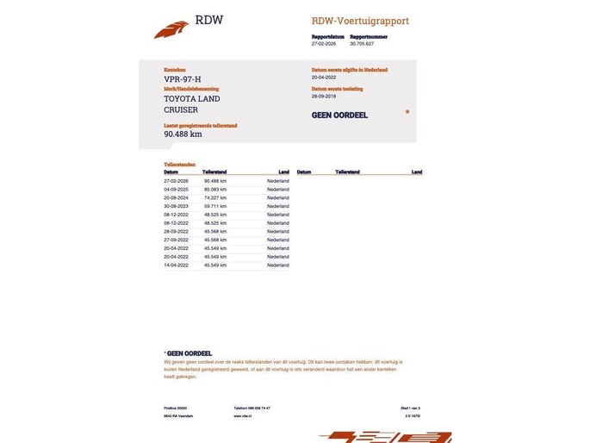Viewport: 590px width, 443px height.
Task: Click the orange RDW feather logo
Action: [171, 29]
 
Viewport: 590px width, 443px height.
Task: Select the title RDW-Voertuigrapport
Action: [360, 21]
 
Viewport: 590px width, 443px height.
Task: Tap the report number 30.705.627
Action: [362, 44]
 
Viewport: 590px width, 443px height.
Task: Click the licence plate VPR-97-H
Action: [183, 79]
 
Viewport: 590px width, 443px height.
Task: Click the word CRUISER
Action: [181, 109]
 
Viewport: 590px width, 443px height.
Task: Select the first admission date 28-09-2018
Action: [326, 96]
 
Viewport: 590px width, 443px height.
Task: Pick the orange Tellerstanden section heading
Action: [179, 164]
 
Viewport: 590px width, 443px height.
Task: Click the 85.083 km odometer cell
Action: [215, 189]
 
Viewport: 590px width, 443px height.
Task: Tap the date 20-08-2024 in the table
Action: [176, 197]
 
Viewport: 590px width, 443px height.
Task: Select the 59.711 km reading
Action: [215, 206]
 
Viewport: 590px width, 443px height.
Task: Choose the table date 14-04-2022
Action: [176, 265]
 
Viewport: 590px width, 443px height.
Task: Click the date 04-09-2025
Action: [176, 189]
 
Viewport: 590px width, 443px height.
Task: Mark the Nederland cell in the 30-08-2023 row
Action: [278, 206]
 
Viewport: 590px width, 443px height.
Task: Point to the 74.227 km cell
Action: [215, 197]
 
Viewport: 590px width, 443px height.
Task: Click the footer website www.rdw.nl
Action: [242, 415]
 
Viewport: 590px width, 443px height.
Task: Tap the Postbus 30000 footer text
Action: [175, 408]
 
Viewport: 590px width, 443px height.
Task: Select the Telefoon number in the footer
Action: [252, 408]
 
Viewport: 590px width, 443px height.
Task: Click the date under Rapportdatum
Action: [324, 44]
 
